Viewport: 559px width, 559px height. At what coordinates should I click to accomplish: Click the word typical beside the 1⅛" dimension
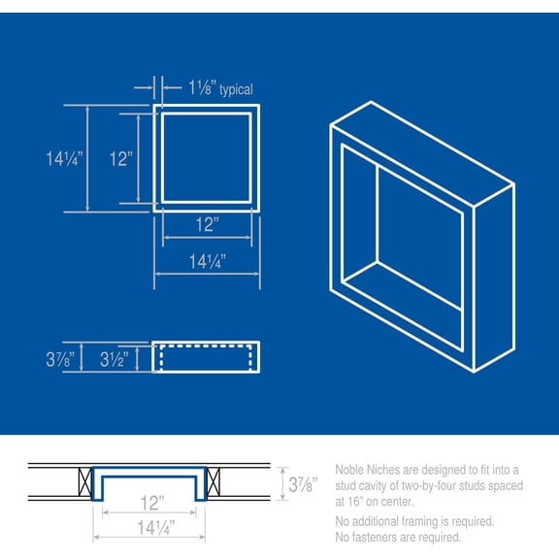click(236, 90)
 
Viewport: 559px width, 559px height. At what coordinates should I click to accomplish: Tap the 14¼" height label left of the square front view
click(65, 157)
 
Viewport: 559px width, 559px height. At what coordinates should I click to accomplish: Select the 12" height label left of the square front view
click(120, 158)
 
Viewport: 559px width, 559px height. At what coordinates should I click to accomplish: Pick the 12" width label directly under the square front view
click(206, 226)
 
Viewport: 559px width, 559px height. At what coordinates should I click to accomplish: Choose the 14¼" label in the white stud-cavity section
click(149, 529)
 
